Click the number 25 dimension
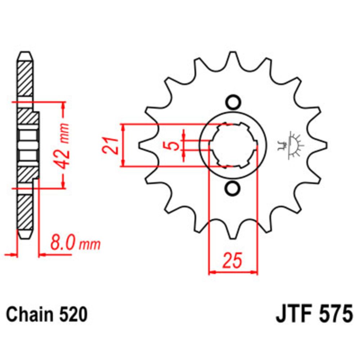pyautogui.click(x=232, y=261)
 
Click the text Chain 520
pyautogui.click(x=47, y=315)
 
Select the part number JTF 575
pyautogui.click(x=314, y=315)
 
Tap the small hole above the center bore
pyautogui.click(x=233, y=102)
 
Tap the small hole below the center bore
pyautogui.click(x=233, y=188)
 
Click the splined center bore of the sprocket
pyautogui.click(x=233, y=145)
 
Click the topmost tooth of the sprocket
pyautogui.click(x=233, y=58)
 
